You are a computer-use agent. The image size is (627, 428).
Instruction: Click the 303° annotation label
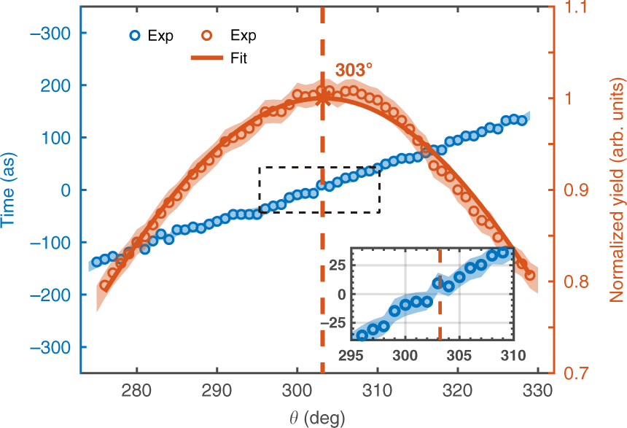354,71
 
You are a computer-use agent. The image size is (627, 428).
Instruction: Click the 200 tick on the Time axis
58,85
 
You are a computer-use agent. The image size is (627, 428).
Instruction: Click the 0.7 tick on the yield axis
576,373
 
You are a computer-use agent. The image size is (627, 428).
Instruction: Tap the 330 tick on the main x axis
537,389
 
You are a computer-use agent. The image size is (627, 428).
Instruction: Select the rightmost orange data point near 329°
530,276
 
